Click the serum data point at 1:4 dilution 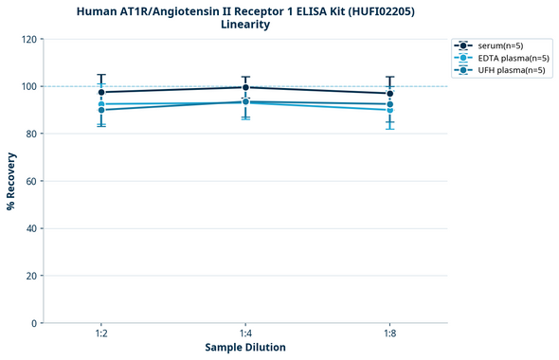[x=245, y=87]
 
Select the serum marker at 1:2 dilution [x=101, y=92]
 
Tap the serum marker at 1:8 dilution [x=389, y=93]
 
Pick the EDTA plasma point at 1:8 [x=389, y=110]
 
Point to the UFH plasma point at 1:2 [x=101, y=110]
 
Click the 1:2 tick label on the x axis [x=101, y=334]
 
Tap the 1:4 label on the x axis [x=245, y=334]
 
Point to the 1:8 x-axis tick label [x=389, y=334]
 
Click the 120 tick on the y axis [x=28, y=39]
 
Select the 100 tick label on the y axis [x=28, y=86]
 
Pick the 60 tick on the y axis [x=31, y=181]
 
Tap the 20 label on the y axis [x=31, y=276]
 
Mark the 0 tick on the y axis [x=34, y=323]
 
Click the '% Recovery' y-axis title [x=11, y=181]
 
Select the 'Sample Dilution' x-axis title [x=245, y=348]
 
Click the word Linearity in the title [x=245, y=25]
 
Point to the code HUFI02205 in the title [x=385, y=11]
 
